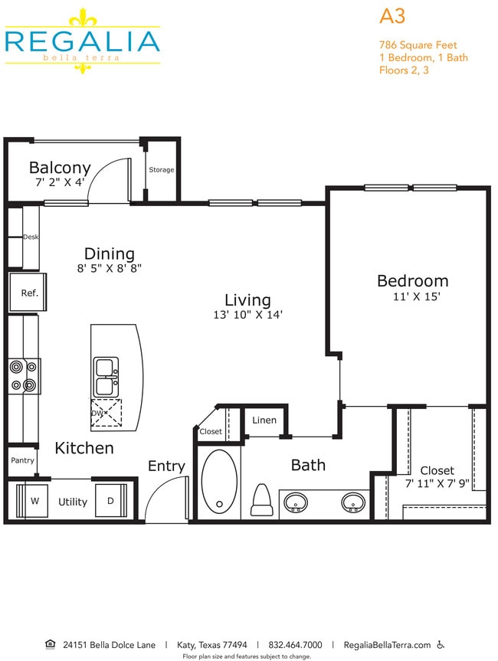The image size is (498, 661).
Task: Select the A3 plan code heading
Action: (x=392, y=16)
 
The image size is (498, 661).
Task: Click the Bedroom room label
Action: (x=412, y=280)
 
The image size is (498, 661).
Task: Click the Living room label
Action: (x=247, y=299)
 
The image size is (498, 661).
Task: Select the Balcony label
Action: (x=60, y=167)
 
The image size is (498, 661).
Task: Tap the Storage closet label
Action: (x=162, y=170)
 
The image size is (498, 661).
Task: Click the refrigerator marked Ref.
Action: (x=29, y=293)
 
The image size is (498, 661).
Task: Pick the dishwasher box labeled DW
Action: (x=106, y=413)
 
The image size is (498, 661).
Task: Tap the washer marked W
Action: (x=34, y=502)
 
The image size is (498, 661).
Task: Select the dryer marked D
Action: (x=110, y=502)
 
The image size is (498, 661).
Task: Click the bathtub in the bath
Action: (x=219, y=480)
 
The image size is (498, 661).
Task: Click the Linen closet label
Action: (x=264, y=420)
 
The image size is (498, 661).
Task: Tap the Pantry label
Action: (x=22, y=460)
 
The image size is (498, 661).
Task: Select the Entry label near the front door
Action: (x=166, y=466)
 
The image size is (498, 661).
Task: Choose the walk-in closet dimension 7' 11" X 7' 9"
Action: (x=437, y=483)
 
